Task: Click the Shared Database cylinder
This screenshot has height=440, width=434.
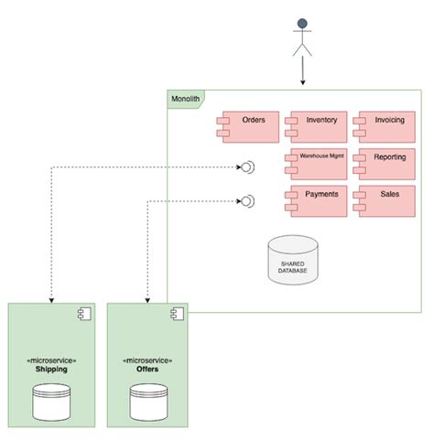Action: pyautogui.click(x=293, y=262)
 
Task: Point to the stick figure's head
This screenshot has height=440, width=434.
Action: pyautogui.click(x=302, y=24)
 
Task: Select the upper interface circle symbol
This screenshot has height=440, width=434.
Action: pyautogui.click(x=245, y=166)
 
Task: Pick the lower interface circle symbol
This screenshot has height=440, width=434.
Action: pyautogui.click(x=245, y=200)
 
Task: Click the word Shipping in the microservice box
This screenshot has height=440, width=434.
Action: pyautogui.click(x=51, y=370)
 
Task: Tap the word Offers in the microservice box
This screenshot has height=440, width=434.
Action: pyautogui.click(x=147, y=370)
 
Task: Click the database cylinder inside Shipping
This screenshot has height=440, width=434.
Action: pyautogui.click(x=51, y=402)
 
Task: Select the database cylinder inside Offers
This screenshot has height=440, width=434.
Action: pyautogui.click(x=147, y=402)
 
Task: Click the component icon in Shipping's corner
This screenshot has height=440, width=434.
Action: pyautogui.click(x=80, y=316)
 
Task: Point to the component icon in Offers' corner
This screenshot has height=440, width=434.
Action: pyautogui.click(x=176, y=316)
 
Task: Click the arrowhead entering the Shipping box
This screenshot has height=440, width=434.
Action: pyautogui.click(x=51, y=299)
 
